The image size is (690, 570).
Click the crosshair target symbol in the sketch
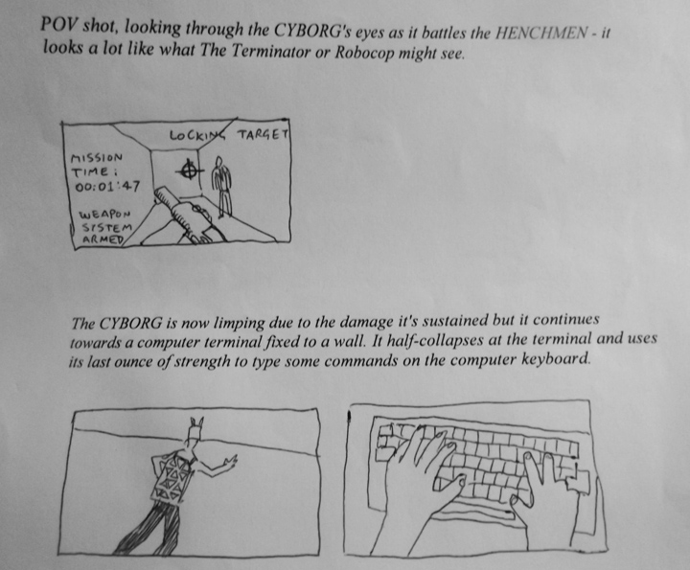(190, 171)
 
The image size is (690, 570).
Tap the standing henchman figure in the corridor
(221, 187)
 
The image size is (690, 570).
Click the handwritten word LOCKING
(197, 134)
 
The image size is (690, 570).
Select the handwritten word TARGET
(264, 134)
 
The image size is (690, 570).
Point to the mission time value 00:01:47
(107, 187)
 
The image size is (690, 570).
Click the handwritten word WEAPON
(105, 215)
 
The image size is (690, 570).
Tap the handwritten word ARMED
(103, 239)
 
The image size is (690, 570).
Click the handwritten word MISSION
(97, 157)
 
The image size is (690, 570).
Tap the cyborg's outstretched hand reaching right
(230, 463)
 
